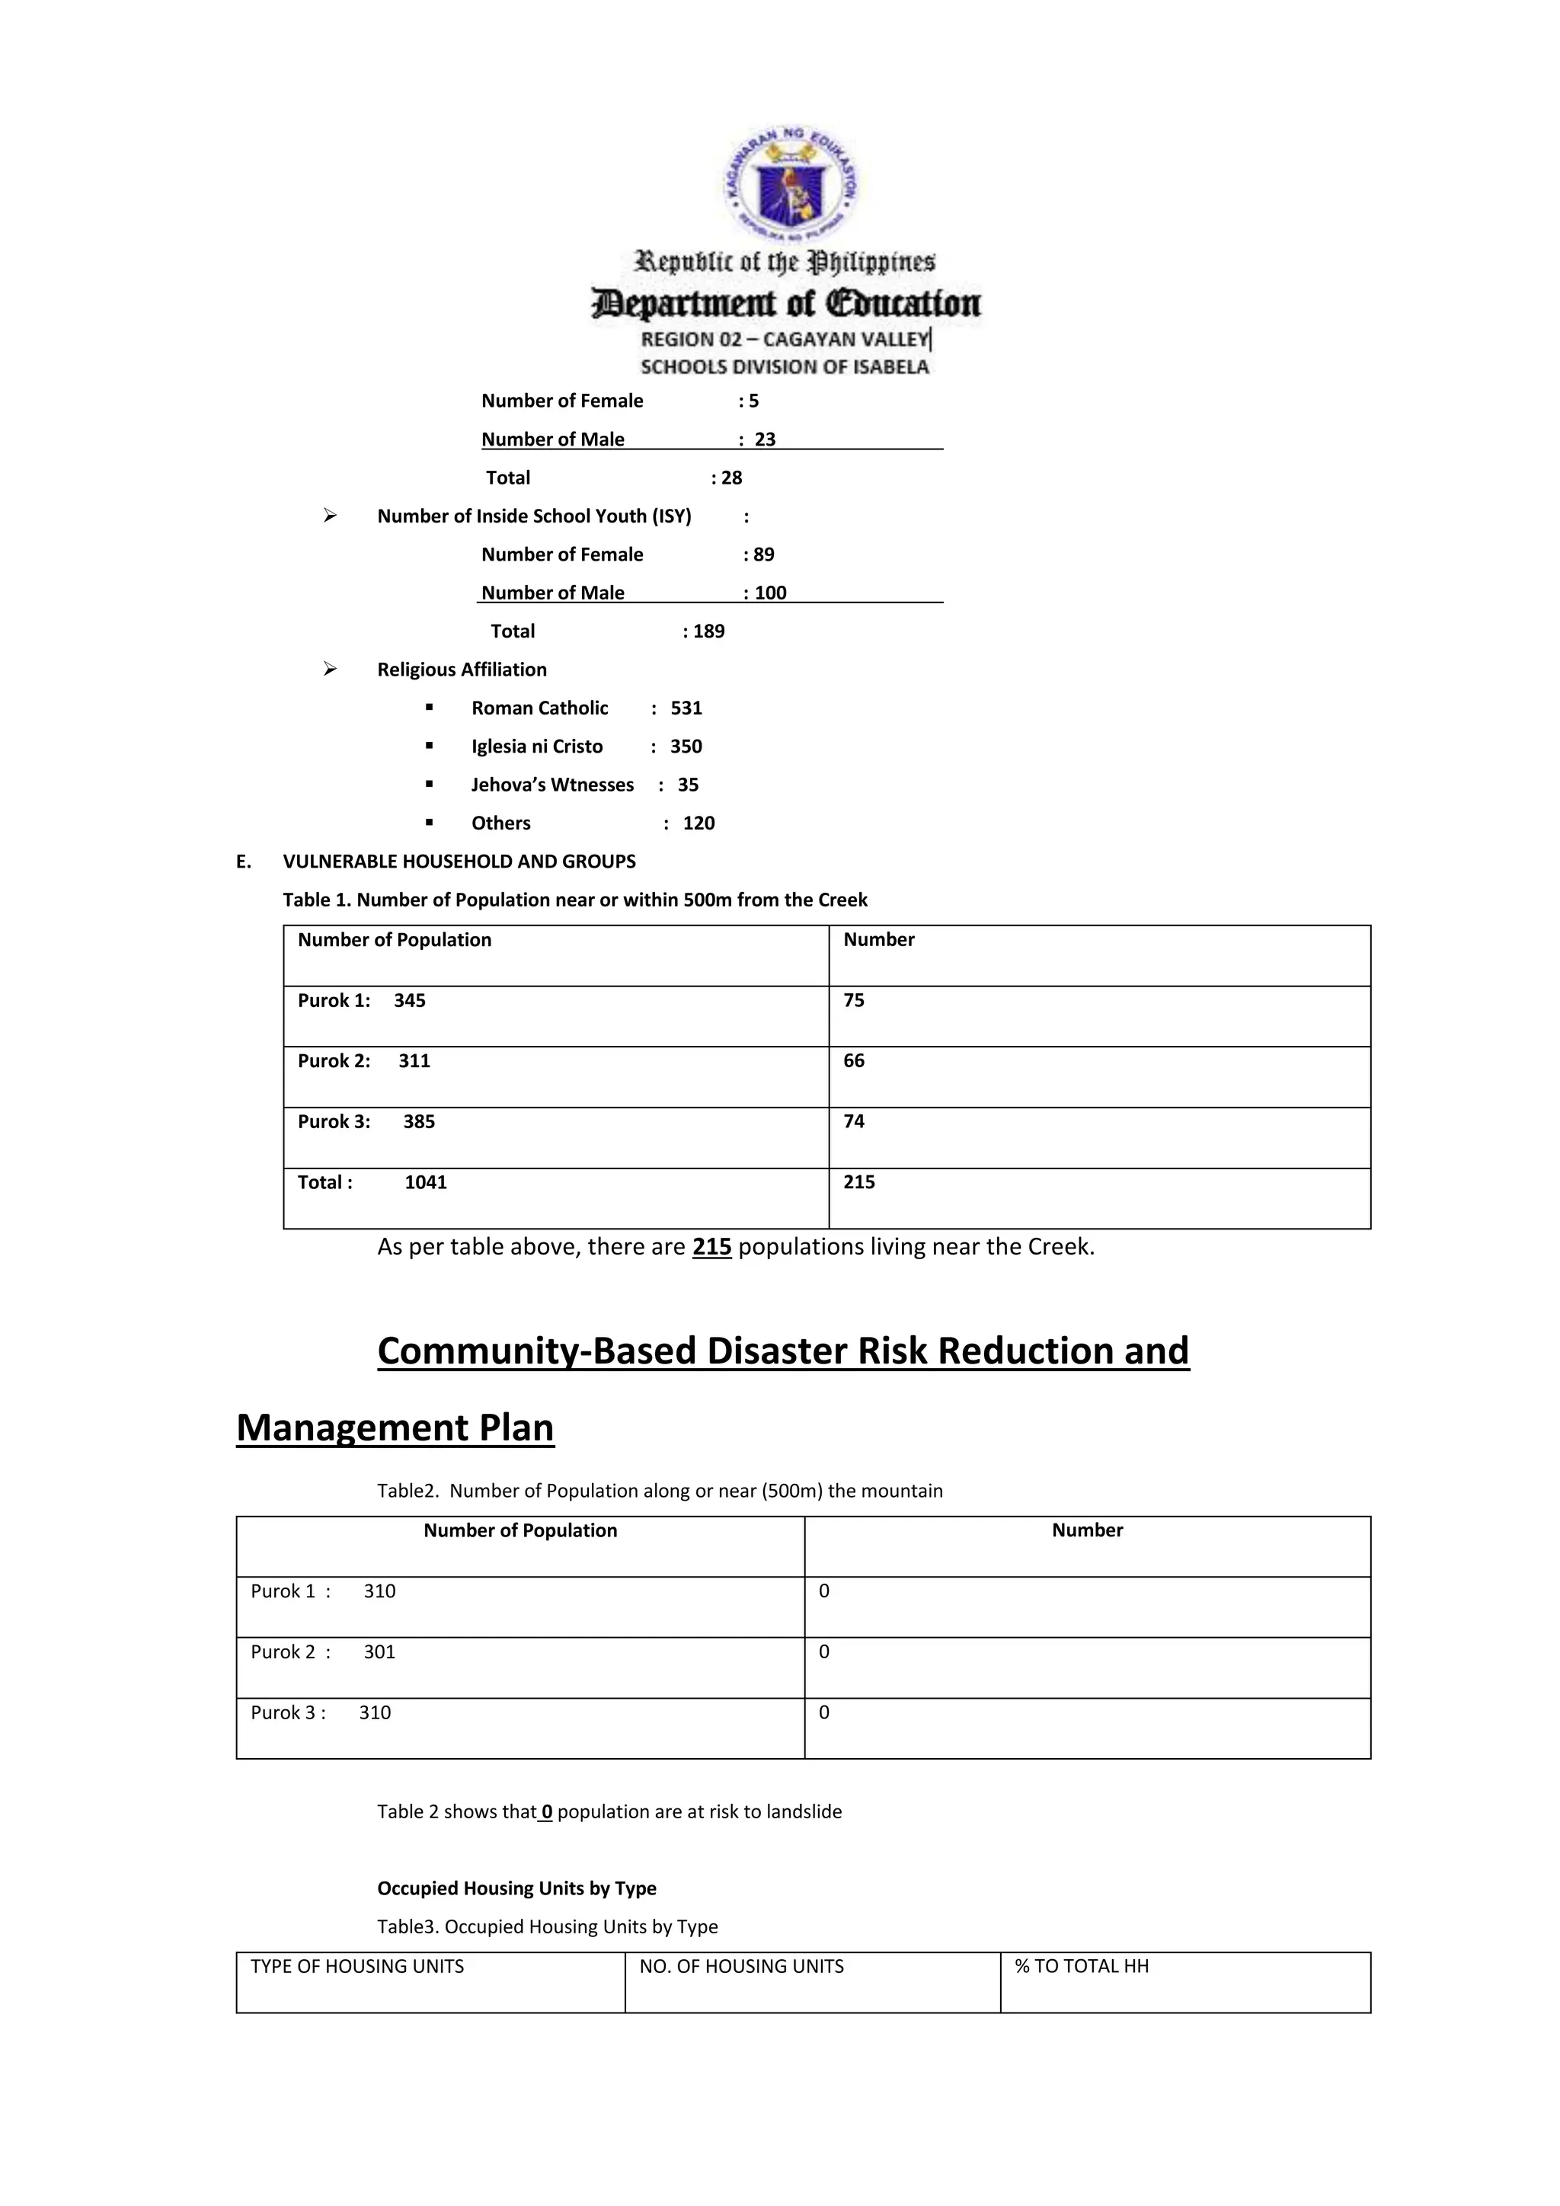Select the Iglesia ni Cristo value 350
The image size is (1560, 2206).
(686, 747)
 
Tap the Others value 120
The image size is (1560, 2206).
(698, 823)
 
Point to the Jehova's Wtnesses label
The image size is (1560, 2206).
(552, 785)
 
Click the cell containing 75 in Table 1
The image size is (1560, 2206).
(1099, 1015)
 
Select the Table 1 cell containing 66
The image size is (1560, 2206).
(1099, 1076)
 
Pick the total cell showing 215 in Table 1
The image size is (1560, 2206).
(1099, 1197)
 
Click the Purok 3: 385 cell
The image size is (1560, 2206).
(555, 1137)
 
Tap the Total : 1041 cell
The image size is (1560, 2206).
(555, 1197)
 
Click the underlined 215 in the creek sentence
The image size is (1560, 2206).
(711, 1247)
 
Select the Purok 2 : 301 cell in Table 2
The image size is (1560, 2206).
(519, 1667)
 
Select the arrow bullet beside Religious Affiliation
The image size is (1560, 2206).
(331, 669)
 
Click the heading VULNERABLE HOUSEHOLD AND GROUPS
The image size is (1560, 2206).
(459, 862)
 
